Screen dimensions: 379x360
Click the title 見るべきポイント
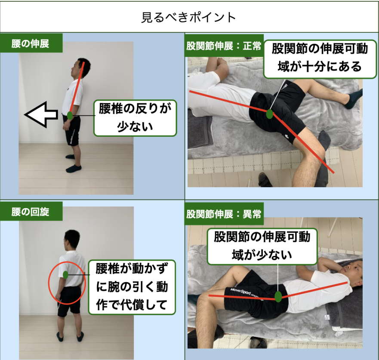(188, 17)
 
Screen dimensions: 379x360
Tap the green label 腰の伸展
(31, 44)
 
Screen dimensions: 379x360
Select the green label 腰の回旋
(31, 212)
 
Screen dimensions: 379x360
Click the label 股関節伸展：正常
(224, 46)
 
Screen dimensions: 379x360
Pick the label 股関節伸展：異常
(224, 214)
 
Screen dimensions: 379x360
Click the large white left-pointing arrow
(41, 114)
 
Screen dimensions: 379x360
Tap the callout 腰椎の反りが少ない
(135, 118)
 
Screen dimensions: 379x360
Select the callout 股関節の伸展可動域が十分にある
(320, 59)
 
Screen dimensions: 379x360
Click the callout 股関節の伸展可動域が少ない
(262, 246)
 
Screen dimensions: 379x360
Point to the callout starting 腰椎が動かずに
(132, 287)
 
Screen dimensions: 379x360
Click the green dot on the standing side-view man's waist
(70, 116)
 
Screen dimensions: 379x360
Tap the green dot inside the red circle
(65, 275)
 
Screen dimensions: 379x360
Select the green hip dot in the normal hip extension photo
(269, 114)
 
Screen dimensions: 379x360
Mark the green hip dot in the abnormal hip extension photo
(278, 297)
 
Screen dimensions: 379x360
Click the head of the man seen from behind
(72, 240)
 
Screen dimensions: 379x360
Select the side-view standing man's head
(80, 68)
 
